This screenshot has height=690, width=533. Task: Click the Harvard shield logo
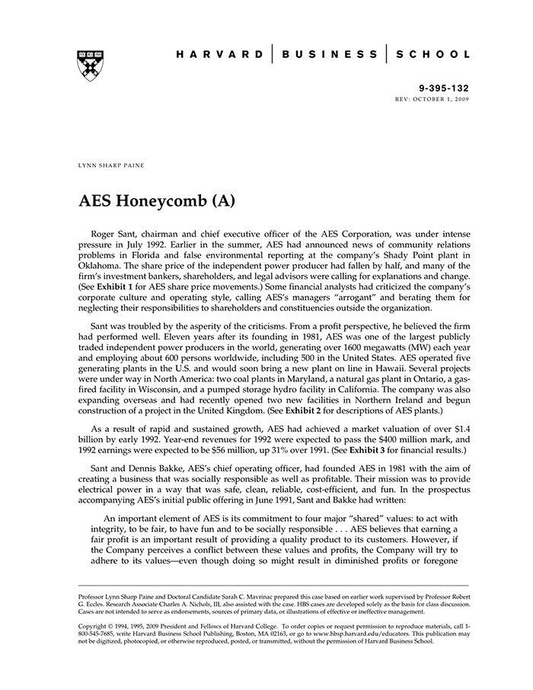[91, 66]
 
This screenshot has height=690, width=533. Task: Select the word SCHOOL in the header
[432, 55]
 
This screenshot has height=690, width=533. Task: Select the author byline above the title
[112, 164]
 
